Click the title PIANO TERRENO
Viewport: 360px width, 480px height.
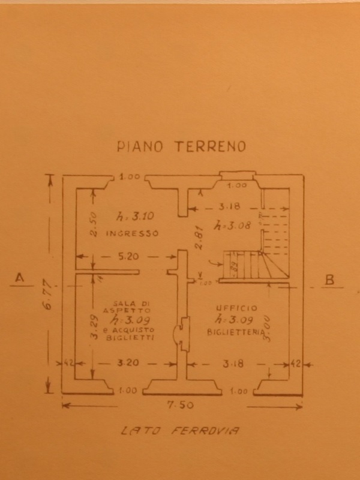(x=181, y=146)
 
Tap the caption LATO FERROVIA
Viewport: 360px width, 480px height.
(x=180, y=430)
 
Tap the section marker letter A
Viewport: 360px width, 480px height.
(x=20, y=278)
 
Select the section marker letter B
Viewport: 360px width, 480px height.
(x=328, y=278)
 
